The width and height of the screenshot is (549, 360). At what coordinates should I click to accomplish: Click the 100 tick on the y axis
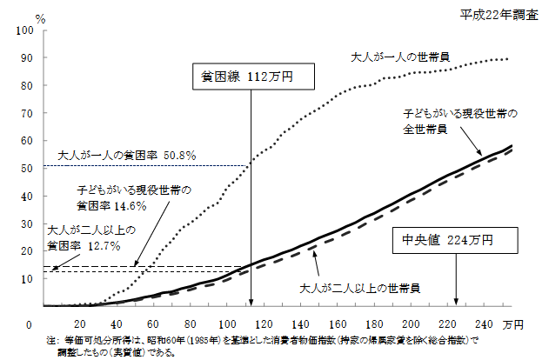[25, 30]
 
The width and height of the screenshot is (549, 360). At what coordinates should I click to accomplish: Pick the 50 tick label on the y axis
[28, 168]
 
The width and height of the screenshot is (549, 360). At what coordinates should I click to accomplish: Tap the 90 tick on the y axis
[28, 58]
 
